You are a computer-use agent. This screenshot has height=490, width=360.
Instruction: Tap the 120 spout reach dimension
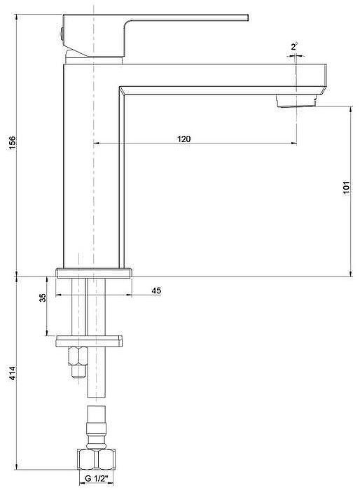184,139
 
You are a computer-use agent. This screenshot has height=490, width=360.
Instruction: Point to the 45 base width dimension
155,290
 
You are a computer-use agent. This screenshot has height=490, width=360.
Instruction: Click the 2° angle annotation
294,46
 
